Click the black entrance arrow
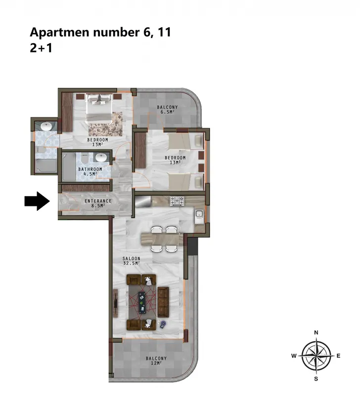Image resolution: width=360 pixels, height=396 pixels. (x=37, y=201)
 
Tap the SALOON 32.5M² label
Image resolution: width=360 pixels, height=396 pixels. (x=132, y=261)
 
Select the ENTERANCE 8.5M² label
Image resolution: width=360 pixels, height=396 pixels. (x=98, y=203)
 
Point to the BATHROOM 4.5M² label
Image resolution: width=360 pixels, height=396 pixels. (x=90, y=171)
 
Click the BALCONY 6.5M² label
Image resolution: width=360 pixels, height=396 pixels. (x=167, y=109)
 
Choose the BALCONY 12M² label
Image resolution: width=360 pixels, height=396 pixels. (x=156, y=361)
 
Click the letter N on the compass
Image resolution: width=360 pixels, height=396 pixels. (x=316, y=333)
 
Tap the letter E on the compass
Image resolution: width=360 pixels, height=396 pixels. (x=339, y=356)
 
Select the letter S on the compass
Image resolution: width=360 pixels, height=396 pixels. (x=316, y=379)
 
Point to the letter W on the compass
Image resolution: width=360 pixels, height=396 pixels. (x=294, y=356)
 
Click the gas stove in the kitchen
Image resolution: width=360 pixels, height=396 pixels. (x=177, y=201)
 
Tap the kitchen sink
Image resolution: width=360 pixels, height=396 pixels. (x=199, y=214)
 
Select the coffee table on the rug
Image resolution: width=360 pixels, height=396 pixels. (x=142, y=302)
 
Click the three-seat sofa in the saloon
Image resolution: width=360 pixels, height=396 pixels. (x=163, y=302)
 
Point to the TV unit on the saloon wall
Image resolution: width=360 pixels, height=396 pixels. (x=116, y=303)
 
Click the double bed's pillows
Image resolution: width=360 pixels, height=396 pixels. (x=98, y=99)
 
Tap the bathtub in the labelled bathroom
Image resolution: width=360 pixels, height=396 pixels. (x=69, y=166)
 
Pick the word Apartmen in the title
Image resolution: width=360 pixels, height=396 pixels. (x=59, y=33)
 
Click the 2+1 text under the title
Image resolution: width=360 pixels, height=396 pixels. (x=41, y=48)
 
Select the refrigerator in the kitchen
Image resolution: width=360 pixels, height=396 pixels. (x=143, y=201)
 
